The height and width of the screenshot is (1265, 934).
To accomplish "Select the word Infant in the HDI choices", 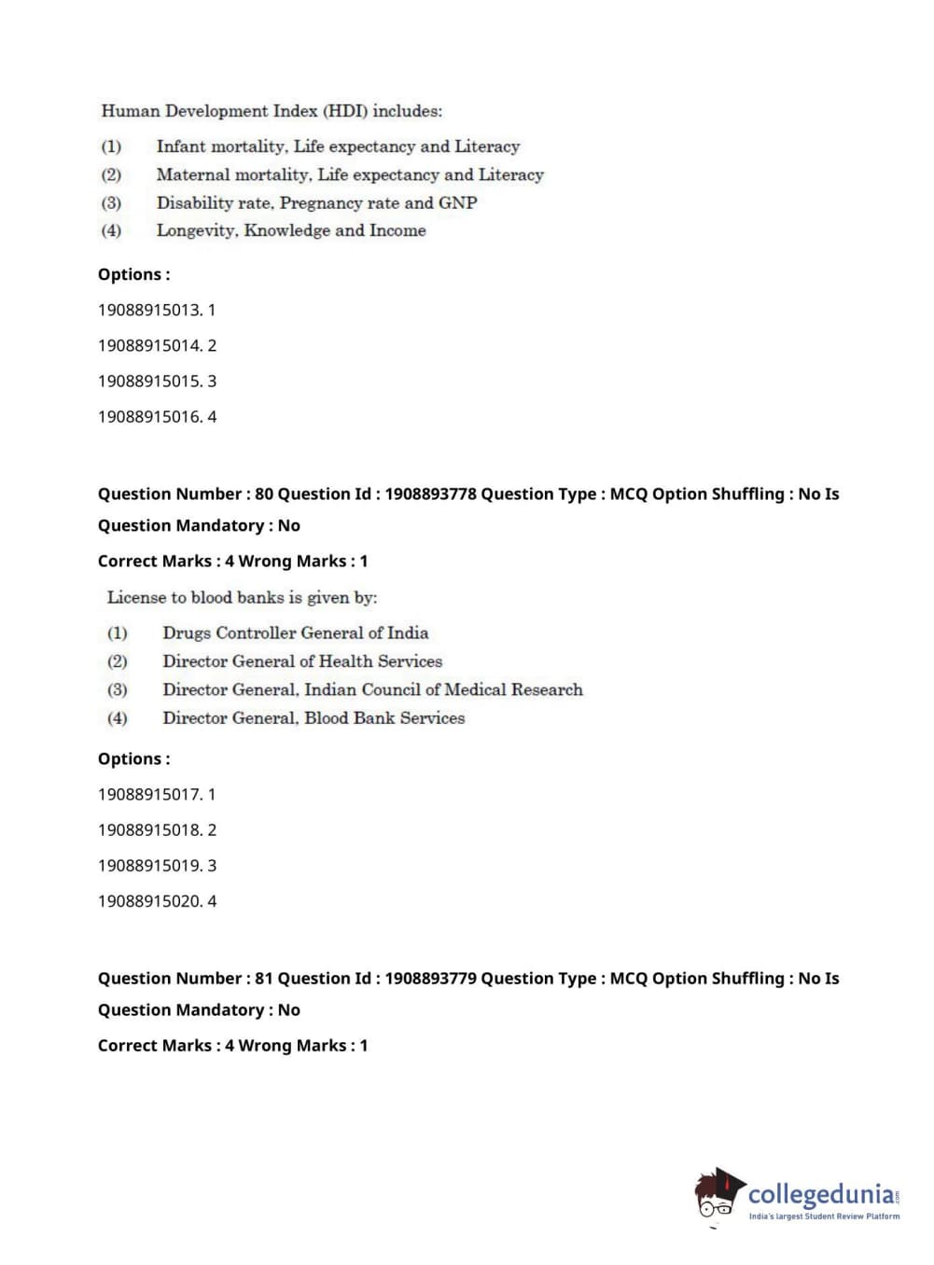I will (x=180, y=146).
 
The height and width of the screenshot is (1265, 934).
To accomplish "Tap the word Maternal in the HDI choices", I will (x=193, y=174).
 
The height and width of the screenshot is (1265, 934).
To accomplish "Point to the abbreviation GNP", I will (x=457, y=202).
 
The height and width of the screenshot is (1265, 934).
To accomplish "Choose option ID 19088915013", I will (x=149, y=310).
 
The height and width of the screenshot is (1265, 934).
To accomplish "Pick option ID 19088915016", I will (x=149, y=417).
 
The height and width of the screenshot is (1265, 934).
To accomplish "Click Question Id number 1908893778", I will (x=430, y=494).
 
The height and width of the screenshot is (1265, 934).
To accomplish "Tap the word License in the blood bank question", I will (x=136, y=597).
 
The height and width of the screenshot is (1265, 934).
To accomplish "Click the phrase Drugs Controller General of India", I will (x=295, y=632).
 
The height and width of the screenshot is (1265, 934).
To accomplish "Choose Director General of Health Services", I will (x=302, y=661).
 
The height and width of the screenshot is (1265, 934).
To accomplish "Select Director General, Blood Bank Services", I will (x=314, y=718).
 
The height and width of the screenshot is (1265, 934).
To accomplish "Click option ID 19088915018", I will (x=149, y=830).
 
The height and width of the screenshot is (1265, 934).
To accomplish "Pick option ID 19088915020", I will (x=149, y=901).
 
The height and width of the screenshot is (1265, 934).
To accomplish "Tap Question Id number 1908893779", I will (x=430, y=979).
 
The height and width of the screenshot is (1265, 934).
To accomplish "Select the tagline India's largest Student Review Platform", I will (x=824, y=1216).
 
